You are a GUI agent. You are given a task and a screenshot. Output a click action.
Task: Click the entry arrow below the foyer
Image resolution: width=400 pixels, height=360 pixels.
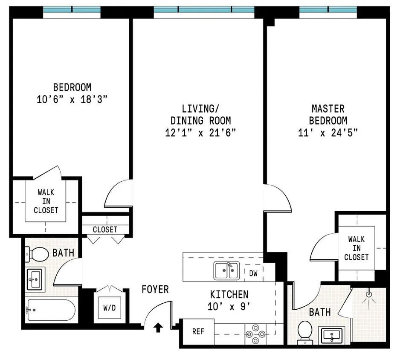[x=158, y=328]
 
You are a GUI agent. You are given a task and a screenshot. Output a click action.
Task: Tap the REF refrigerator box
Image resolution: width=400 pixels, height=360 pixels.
[x=198, y=332]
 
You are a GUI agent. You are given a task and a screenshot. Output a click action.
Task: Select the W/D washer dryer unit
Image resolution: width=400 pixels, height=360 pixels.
[x=110, y=308]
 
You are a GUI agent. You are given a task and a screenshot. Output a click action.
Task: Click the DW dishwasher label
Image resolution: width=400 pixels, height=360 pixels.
[x=253, y=273]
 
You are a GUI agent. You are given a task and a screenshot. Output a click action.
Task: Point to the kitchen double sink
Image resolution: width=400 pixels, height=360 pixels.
[x=226, y=270]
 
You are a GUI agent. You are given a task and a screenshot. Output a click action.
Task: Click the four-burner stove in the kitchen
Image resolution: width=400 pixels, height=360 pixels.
[x=255, y=334]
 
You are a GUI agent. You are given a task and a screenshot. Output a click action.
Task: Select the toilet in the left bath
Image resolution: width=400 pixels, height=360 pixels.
[x=37, y=254]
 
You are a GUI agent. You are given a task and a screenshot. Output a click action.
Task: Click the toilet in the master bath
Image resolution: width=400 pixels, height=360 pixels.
[x=305, y=332]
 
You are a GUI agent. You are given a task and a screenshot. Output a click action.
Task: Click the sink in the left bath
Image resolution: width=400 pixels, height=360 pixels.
[x=35, y=280]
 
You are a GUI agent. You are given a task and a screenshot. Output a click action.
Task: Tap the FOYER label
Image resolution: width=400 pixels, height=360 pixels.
[x=155, y=289]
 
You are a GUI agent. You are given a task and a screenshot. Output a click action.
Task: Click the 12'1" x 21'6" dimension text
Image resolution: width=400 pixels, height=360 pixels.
[x=200, y=133]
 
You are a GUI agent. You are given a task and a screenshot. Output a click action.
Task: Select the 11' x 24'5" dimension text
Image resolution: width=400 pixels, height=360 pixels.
[x=328, y=133]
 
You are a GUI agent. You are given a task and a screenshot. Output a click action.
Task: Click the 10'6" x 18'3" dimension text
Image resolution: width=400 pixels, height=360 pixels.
[x=72, y=99]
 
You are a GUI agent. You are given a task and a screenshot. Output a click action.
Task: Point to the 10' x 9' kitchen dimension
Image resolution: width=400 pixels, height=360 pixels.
[x=229, y=306]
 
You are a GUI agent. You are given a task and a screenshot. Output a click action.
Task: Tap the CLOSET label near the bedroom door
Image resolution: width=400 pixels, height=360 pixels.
[x=105, y=229]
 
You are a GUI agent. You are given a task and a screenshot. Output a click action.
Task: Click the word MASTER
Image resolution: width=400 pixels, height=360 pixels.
[x=328, y=109]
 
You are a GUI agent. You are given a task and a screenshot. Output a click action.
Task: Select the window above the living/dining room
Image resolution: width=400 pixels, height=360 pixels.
[x=204, y=10]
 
